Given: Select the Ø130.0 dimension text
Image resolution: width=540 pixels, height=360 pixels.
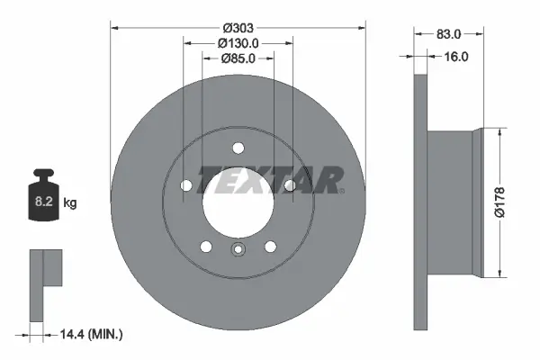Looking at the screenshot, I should point(238,42).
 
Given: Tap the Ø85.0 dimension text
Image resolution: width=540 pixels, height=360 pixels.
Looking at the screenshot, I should point(238,58).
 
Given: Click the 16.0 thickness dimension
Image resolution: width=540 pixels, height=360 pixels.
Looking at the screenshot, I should point(457,57).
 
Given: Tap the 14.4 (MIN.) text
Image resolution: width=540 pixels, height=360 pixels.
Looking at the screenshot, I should point(90,334).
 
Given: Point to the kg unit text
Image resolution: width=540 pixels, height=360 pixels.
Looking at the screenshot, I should point(70,203).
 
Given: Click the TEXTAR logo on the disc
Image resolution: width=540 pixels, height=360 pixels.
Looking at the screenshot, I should point(270,179).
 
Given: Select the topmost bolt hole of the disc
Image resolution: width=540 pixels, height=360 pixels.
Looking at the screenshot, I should point(238,149).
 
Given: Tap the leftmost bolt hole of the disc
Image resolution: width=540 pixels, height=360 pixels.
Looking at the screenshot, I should point(186,186).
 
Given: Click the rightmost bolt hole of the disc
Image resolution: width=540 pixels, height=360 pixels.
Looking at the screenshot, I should point(290,186).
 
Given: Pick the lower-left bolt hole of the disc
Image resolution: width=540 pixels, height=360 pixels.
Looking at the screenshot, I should point(206,247).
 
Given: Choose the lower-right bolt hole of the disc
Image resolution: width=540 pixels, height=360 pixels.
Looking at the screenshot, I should point(269,247).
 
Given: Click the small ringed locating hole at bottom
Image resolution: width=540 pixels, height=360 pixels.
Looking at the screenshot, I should point(238,251).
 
